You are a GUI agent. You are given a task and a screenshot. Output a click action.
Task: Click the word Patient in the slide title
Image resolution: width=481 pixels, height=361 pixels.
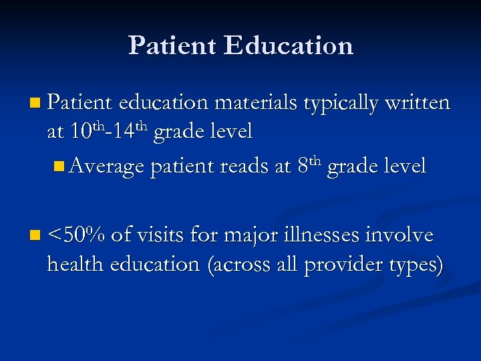click(x=172, y=45)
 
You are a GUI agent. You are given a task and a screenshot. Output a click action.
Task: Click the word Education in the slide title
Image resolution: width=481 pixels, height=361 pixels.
click(x=289, y=45)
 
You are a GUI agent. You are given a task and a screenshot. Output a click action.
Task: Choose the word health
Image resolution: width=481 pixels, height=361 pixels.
click(x=75, y=264)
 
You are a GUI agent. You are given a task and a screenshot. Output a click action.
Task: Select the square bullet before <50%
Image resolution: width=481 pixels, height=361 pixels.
click(x=35, y=235)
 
